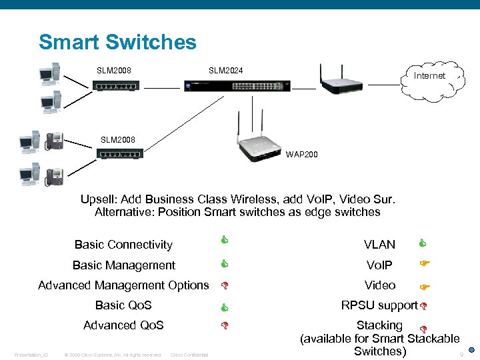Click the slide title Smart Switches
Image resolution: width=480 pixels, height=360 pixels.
117,42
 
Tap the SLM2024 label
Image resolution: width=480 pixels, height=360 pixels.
225,70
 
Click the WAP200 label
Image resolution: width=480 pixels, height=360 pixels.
302,155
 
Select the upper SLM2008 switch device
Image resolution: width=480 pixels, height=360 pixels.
117,85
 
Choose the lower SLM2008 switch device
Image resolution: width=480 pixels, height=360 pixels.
120,153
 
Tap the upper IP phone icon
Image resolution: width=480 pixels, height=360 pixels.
53,141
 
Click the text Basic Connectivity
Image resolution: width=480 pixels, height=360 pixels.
123,245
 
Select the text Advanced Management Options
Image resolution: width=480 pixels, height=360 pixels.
123,285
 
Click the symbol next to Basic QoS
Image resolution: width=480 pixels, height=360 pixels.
225,307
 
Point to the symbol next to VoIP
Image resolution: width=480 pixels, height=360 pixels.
423,264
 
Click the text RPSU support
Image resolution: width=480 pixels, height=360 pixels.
379,305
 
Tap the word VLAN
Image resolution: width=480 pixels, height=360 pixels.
379,245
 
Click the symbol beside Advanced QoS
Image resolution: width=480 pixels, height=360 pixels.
225,327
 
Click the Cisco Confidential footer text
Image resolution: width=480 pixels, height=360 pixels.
189,355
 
